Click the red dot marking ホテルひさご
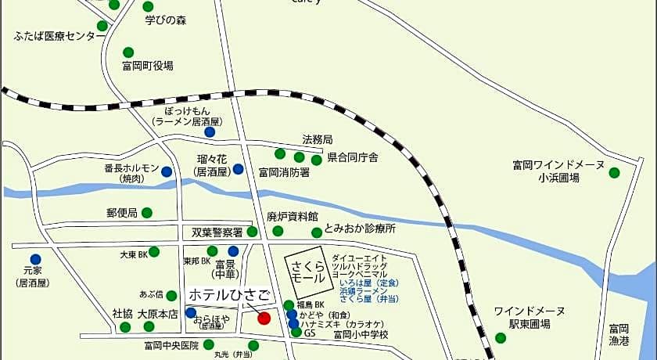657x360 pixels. [x=264, y=318]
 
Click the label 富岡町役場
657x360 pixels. [x=148, y=66]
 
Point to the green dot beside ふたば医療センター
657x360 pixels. [x=102, y=26]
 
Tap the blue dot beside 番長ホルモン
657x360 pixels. [x=167, y=171]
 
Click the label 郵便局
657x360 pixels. [x=122, y=213]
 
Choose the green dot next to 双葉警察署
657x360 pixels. [x=252, y=232]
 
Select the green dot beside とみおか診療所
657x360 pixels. [x=316, y=232]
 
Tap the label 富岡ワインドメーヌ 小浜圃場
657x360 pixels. [x=558, y=171]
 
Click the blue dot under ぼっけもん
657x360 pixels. [x=210, y=132]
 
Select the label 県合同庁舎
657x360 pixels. [x=352, y=158]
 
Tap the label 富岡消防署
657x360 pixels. [x=284, y=172]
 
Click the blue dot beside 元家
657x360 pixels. [x=35, y=259]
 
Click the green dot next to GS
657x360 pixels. [x=296, y=333]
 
